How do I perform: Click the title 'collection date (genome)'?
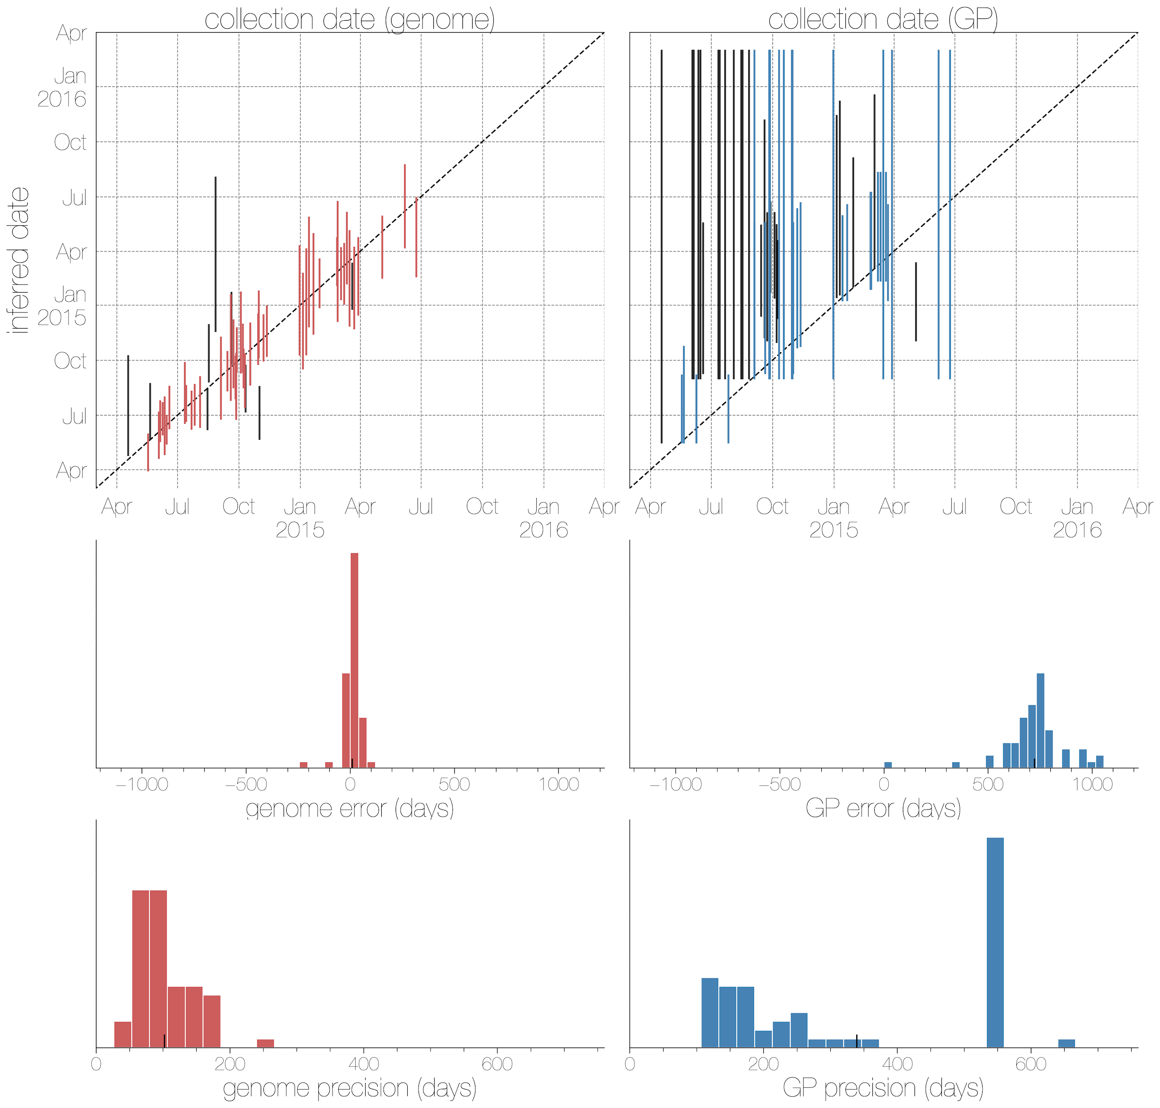click(349, 19)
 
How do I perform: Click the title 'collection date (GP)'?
click(883, 19)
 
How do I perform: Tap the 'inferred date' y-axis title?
click(19, 260)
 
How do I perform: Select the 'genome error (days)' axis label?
click(349, 808)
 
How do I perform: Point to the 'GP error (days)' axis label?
click(883, 808)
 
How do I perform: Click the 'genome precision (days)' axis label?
click(349, 1088)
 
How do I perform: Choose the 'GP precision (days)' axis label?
click(883, 1088)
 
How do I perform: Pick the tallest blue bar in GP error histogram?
click(1040, 721)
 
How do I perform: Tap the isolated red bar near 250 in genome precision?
click(265, 1043)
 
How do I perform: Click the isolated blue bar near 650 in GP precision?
click(1066, 1043)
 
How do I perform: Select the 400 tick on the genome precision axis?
click(364, 1064)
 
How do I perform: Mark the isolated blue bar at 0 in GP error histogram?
click(887, 765)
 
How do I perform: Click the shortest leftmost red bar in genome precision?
click(122, 1035)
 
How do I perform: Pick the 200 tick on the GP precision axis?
click(763, 1064)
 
